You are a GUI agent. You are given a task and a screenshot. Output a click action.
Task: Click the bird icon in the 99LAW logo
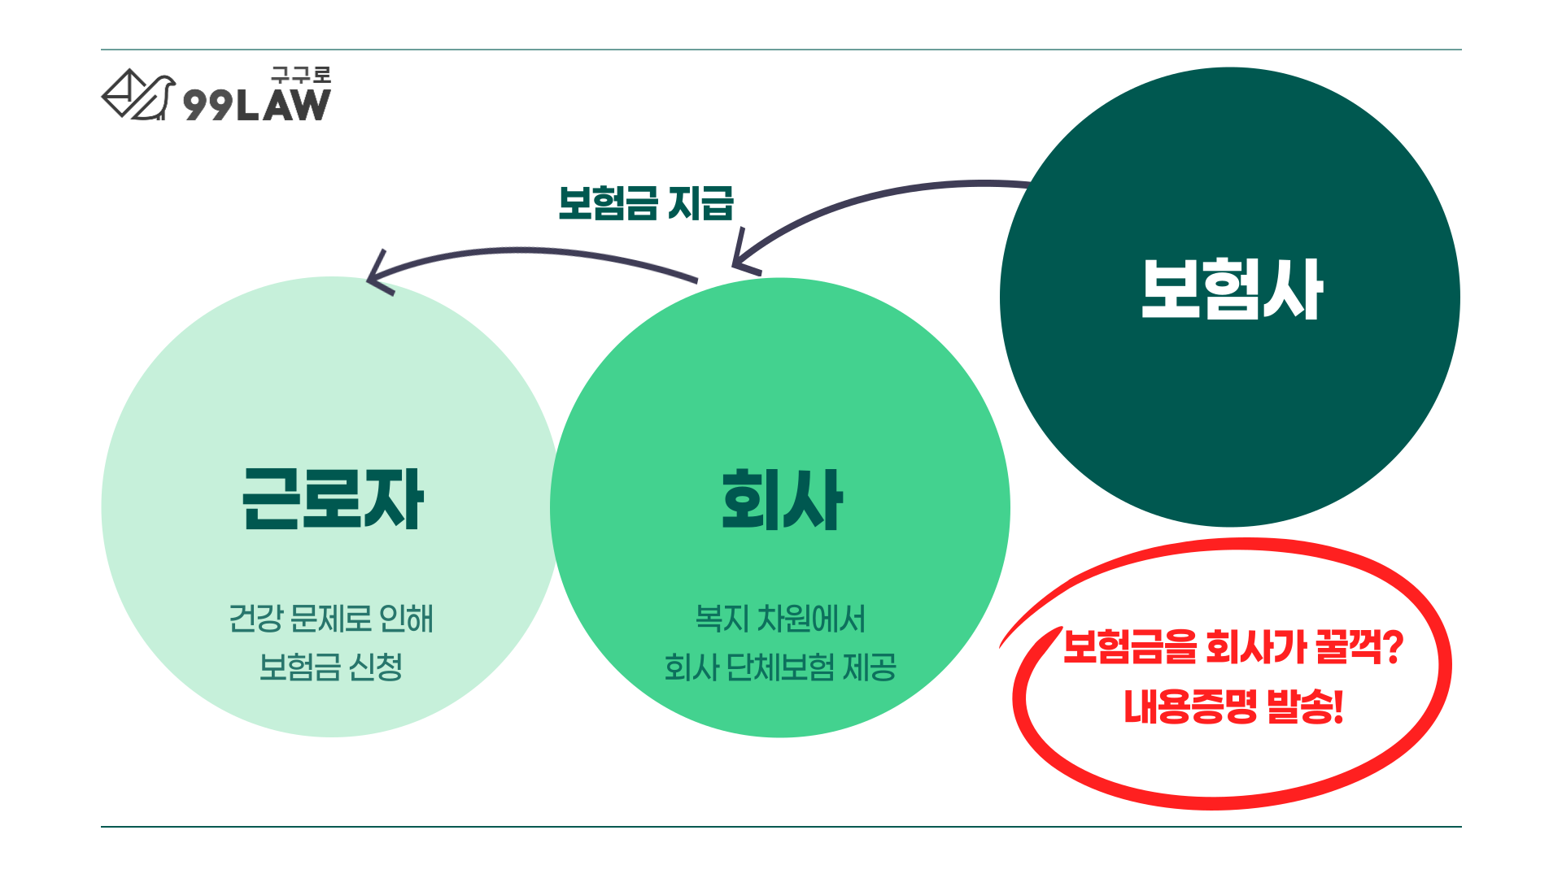[x=138, y=95]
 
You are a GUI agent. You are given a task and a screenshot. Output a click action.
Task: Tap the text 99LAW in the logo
[x=257, y=105]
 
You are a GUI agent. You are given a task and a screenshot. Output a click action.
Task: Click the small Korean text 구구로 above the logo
[x=301, y=76]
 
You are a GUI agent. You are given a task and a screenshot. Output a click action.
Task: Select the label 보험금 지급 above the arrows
[x=646, y=203]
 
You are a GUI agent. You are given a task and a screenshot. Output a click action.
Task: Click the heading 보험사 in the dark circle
[x=1232, y=289]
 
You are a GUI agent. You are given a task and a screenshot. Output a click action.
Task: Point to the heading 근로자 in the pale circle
[x=333, y=498]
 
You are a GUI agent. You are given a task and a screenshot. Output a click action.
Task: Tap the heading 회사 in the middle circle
[x=782, y=499]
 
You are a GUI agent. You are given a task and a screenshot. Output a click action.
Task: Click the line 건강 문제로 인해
[x=331, y=619]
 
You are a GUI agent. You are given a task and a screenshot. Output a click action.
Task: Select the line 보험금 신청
[x=331, y=667]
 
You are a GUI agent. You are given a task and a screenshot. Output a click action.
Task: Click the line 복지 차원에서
[x=780, y=619]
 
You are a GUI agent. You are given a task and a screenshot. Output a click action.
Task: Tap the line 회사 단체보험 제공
[x=780, y=667]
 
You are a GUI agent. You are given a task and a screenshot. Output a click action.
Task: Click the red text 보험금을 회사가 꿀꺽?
[x=1233, y=647]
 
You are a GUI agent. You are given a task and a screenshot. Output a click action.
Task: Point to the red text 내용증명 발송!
[x=1233, y=706]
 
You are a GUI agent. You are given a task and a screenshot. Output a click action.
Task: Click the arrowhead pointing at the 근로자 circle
[x=377, y=275]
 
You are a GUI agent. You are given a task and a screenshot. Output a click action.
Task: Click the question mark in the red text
[x=1393, y=647]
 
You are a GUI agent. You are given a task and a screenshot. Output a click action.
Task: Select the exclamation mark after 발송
[x=1338, y=706]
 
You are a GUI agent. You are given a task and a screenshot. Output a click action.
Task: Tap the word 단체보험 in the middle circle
[x=780, y=667]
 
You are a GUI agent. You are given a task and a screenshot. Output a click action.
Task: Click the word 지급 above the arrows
[x=700, y=203]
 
